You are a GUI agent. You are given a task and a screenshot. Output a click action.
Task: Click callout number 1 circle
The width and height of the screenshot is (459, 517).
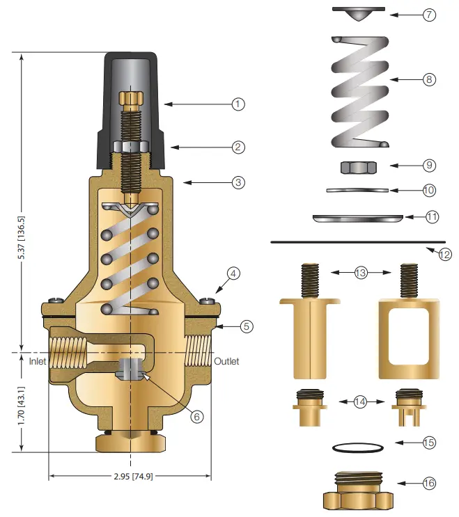click(239, 104)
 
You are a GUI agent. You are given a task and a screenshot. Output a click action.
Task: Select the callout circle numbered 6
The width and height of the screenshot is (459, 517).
click(197, 417)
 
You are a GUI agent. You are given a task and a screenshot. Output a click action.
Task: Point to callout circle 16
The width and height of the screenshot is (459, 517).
click(430, 484)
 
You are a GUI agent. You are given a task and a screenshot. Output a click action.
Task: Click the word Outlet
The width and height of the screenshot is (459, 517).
click(226, 362)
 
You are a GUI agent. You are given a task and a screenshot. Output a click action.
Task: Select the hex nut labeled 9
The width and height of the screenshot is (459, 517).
click(359, 167)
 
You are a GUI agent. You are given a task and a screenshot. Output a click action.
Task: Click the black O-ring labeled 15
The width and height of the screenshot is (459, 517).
click(355, 447)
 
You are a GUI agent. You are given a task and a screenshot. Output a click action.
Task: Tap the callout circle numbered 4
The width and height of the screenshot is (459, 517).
click(234, 273)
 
